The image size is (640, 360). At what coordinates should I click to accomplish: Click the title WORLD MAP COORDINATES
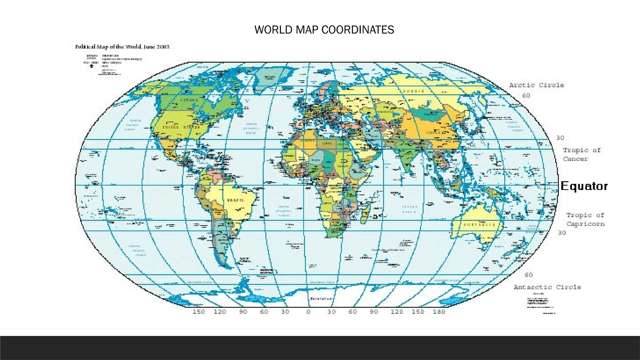[324, 30]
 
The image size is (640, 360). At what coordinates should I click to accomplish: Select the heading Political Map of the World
[122, 47]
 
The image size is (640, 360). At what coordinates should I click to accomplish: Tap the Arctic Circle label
[537, 85]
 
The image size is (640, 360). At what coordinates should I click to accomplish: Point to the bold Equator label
[584, 186]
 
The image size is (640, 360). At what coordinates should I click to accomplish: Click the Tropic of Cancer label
[582, 154]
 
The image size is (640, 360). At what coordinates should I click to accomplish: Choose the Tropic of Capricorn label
[585, 219]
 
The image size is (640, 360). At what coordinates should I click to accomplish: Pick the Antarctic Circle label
[547, 287]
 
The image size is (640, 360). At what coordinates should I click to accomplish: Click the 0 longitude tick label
[308, 312]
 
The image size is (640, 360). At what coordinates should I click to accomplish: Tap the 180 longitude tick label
[439, 312]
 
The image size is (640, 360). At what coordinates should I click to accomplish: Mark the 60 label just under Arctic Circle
[526, 96]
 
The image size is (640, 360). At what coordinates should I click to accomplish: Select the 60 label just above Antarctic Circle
[528, 275]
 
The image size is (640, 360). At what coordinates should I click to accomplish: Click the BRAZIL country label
[236, 200]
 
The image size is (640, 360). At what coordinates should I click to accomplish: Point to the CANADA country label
[189, 100]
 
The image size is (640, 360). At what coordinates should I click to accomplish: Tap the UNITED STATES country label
[181, 127]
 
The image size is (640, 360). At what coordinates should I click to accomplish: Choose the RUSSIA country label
[413, 91]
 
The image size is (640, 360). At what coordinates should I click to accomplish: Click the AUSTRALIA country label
[479, 225]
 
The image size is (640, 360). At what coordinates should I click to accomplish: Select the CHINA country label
[434, 132]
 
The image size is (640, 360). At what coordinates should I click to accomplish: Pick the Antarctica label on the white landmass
[321, 299]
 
